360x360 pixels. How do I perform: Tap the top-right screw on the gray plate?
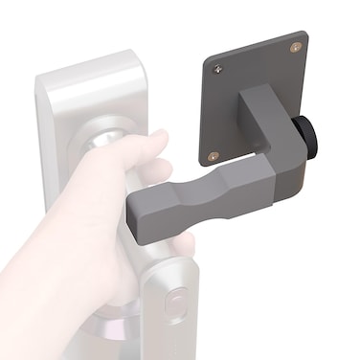pyautogui.click(x=294, y=45)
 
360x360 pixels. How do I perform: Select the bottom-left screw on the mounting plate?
pyautogui.click(x=214, y=154)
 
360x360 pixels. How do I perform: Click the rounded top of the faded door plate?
pyautogui.click(x=91, y=72)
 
